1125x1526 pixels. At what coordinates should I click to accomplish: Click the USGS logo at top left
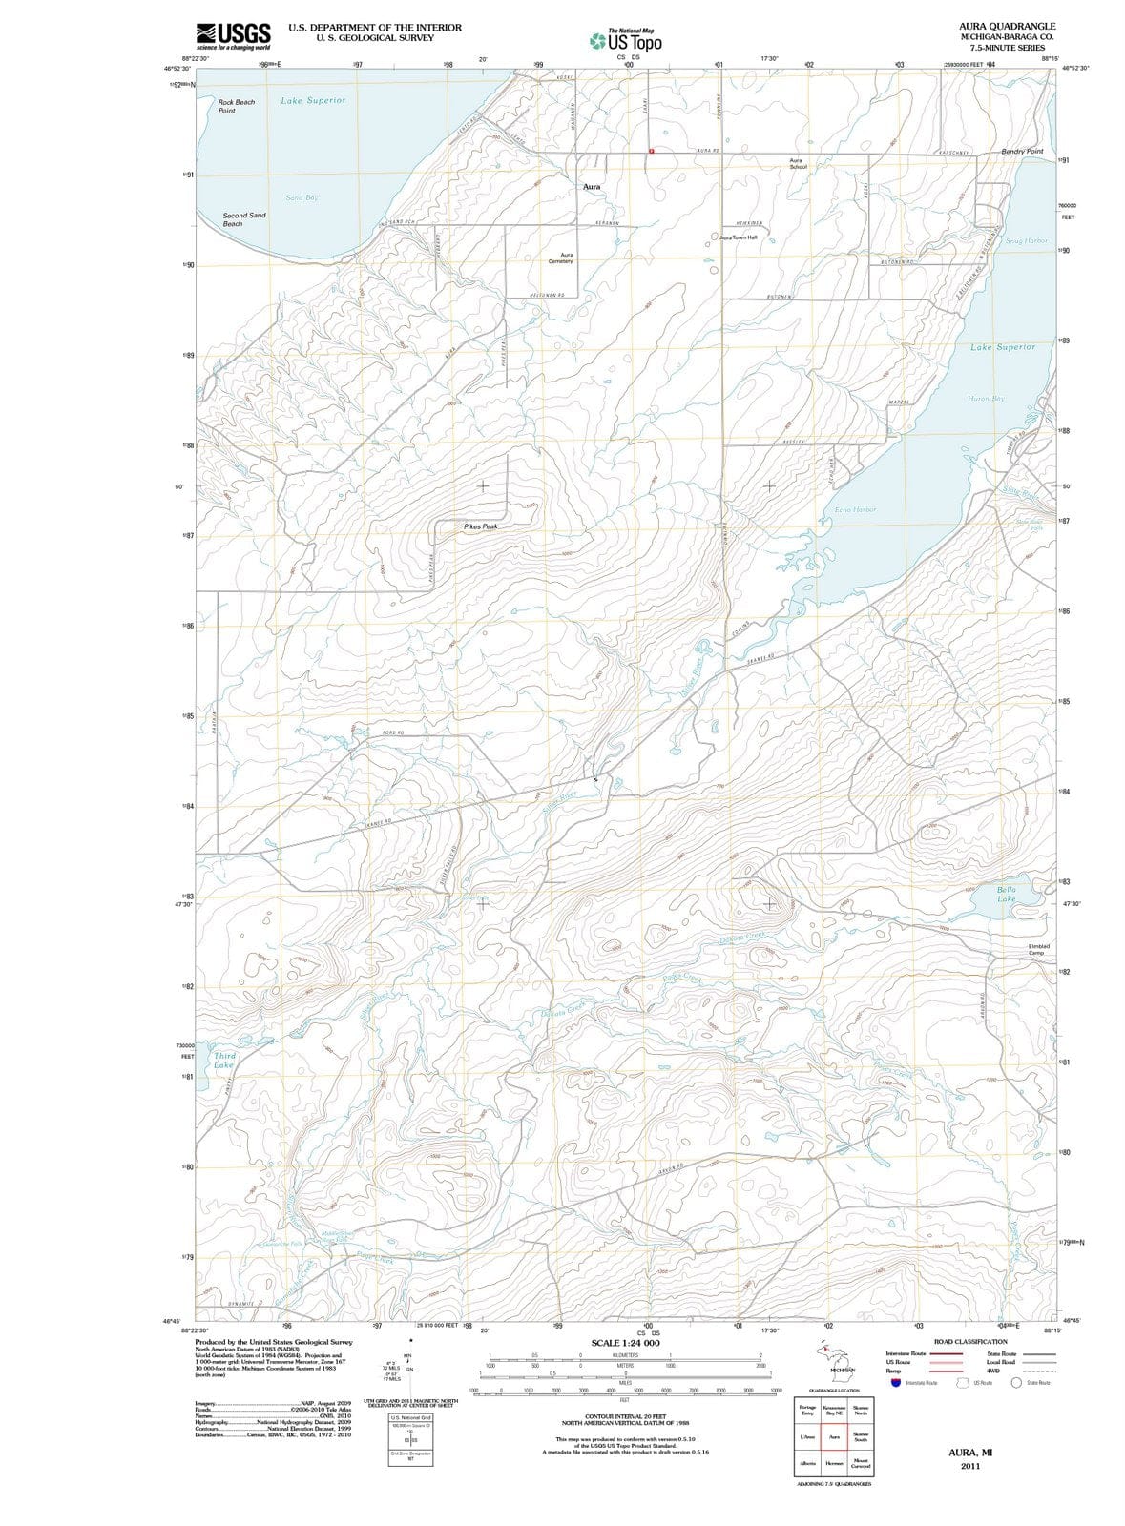[233, 35]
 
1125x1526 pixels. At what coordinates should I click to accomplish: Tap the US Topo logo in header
[626, 41]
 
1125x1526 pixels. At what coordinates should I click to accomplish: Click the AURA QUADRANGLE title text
[1007, 27]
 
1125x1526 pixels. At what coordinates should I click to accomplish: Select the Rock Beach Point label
[236, 106]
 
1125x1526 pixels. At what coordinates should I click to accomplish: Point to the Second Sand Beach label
[244, 219]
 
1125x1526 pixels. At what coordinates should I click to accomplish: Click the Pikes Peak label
[480, 526]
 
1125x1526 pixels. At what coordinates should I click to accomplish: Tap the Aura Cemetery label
[561, 258]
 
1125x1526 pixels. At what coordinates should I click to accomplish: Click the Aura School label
[799, 163]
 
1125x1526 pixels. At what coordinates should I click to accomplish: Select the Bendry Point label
[1022, 151]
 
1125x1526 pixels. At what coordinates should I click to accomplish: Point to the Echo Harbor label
[855, 510]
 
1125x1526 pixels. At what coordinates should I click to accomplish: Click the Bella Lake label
[1007, 894]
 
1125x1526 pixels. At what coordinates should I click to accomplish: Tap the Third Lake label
[224, 1060]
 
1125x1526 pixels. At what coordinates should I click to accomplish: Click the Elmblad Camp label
[1038, 949]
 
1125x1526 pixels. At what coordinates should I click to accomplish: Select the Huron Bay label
[985, 398]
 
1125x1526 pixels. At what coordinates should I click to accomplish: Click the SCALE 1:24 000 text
[625, 1343]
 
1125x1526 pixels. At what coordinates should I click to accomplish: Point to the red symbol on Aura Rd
[652, 151]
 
